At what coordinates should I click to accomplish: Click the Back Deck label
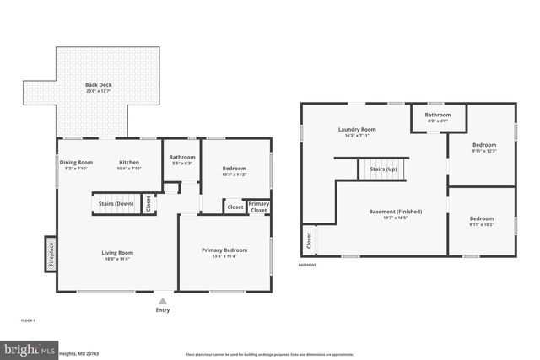pyautogui.click(x=97, y=85)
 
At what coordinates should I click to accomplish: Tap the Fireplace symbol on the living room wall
pyautogui.click(x=51, y=254)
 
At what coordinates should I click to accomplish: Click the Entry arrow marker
pyautogui.click(x=162, y=300)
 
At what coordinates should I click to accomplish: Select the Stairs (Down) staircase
pyautogui.click(x=116, y=203)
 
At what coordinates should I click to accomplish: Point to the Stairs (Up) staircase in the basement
pyautogui.click(x=384, y=169)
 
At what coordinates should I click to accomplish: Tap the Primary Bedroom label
pyautogui.click(x=224, y=250)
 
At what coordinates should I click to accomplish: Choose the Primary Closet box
pyautogui.click(x=258, y=206)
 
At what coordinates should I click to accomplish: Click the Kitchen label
pyautogui.click(x=129, y=162)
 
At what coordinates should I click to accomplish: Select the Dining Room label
pyautogui.click(x=76, y=162)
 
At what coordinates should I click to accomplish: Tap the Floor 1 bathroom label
pyautogui.click(x=182, y=158)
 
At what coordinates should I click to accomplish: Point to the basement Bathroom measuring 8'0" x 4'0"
pyautogui.click(x=437, y=116)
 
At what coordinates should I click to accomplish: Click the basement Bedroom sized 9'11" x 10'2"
pyautogui.click(x=483, y=218)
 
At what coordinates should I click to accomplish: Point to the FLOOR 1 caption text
pyautogui.click(x=28, y=321)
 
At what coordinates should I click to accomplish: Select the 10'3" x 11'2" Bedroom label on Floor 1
pyautogui.click(x=234, y=169)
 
